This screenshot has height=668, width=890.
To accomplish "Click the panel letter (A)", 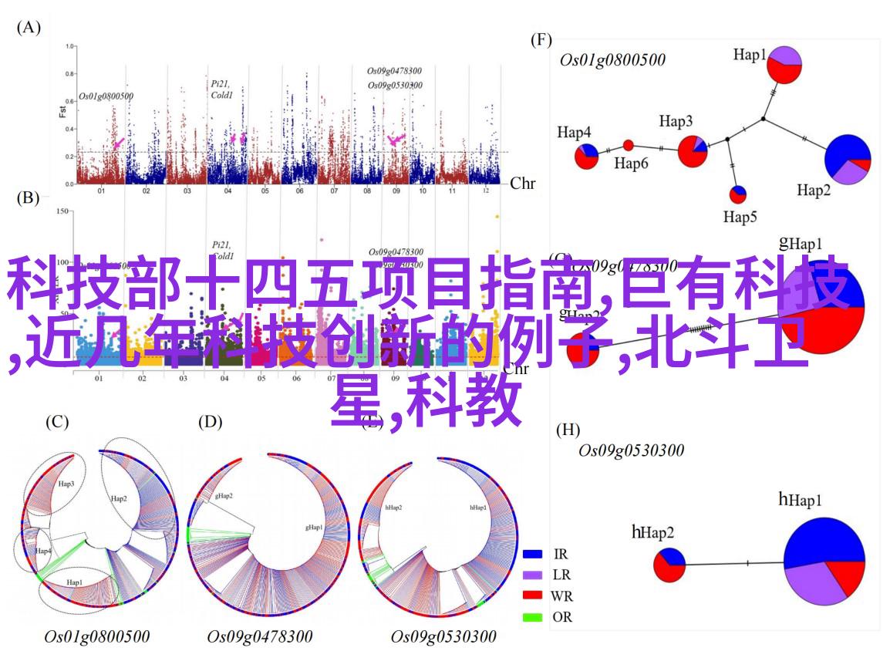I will click(29, 28).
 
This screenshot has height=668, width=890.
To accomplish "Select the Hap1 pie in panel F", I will click(784, 64).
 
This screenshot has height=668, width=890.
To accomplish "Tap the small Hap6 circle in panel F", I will click(629, 145).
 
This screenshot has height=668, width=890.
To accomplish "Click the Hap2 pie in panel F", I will click(848, 159).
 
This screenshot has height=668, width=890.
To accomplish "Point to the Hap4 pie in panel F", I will click(586, 156).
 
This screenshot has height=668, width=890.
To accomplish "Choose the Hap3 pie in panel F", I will click(693, 150).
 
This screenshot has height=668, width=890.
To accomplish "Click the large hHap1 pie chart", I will click(824, 558).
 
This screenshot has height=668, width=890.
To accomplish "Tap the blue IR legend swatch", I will click(532, 554).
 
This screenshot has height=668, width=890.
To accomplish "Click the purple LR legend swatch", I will click(532, 575).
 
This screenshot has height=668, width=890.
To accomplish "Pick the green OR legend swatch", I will click(532, 617).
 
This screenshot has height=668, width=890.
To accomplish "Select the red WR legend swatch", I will click(532, 595).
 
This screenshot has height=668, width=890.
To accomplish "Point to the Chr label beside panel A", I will click(523, 183).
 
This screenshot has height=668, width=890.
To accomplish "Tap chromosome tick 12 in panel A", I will click(486, 191).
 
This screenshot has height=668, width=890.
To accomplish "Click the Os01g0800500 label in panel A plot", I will click(106, 97).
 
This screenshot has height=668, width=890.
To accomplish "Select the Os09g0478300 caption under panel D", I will click(260, 637).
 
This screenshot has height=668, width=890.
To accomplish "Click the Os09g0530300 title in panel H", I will click(632, 450).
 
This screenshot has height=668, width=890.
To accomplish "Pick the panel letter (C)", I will click(57, 422).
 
